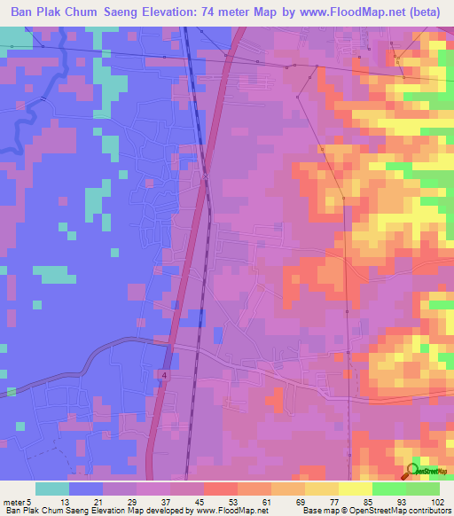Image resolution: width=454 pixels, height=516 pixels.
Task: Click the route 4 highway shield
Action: pos(165,375)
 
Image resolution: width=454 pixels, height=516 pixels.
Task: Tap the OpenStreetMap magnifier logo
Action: pos(411,471)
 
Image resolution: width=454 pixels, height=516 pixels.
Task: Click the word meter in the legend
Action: pos(14,502)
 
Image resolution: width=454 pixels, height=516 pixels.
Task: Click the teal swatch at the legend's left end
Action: pos(51,489)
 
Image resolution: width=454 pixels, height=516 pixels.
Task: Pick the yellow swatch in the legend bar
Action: pos(355,489)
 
